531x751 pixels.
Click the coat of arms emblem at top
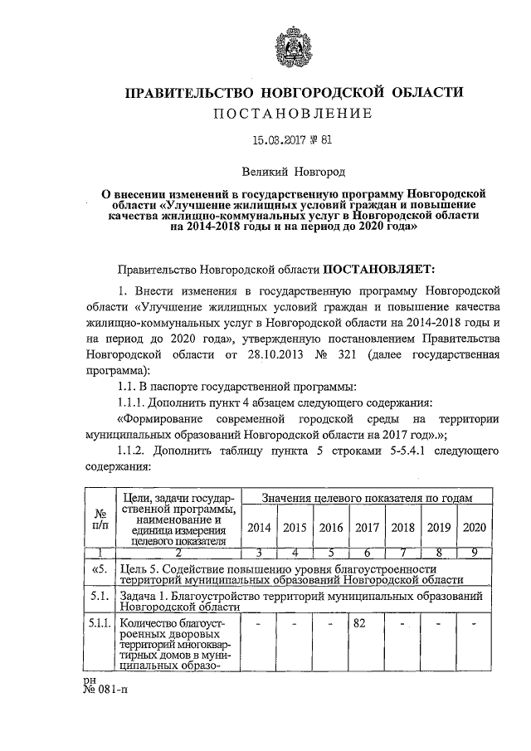(x=294, y=49)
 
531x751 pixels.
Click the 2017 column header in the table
(x=367, y=528)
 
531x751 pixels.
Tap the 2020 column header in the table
(x=475, y=528)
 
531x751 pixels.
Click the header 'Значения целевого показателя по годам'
(x=366, y=498)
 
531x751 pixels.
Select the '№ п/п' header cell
(x=100, y=519)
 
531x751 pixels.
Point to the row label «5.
(x=100, y=570)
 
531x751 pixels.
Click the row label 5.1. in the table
(x=100, y=597)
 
